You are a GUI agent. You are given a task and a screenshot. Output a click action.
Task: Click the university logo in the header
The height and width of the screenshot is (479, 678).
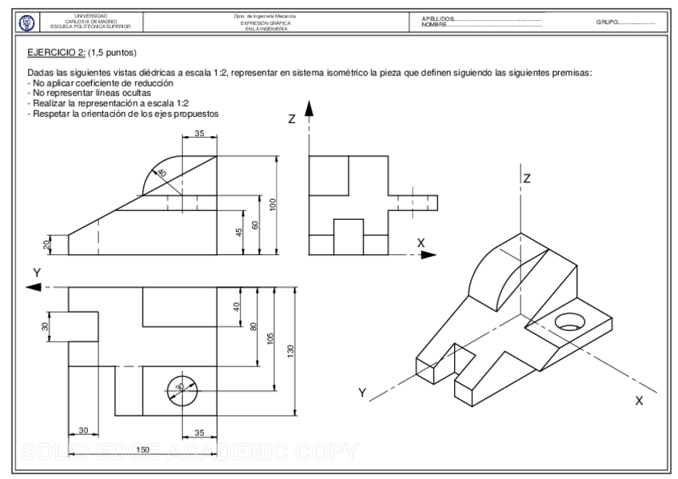point(23,22)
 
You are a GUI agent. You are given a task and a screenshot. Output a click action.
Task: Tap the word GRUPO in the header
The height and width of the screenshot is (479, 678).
point(607,22)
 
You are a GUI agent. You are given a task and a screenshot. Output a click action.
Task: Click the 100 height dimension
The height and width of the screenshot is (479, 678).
point(273,204)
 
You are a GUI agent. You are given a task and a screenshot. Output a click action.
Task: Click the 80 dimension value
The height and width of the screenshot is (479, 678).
point(254,327)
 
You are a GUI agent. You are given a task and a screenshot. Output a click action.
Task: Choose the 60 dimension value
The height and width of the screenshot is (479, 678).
point(254,225)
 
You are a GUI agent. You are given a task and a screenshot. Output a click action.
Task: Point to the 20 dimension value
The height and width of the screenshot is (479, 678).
point(47,244)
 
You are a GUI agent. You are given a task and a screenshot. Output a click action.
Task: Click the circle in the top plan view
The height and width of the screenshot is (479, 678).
point(180,387)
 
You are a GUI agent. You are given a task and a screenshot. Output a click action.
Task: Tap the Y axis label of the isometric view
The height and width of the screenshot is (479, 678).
point(362,393)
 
